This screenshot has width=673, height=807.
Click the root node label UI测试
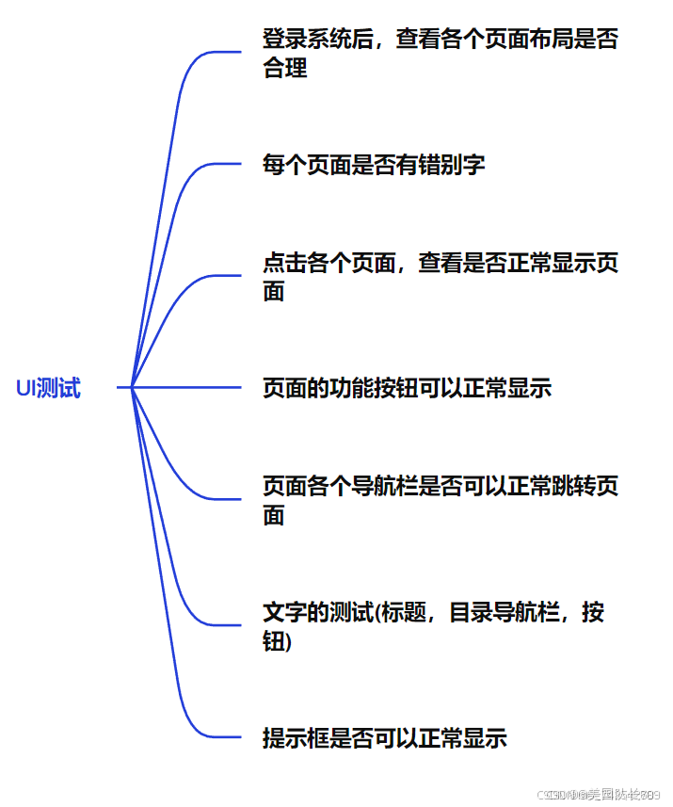pos(48,388)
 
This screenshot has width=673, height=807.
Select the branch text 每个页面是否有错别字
pos(374,166)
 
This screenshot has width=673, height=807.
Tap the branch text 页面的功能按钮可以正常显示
pos(407,388)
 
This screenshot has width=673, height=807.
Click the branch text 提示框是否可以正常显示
pos(384,738)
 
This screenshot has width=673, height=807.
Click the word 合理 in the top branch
pos(285,68)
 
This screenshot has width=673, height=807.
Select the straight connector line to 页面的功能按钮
pos(188,387)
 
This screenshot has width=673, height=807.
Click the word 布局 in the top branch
pos(553,40)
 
